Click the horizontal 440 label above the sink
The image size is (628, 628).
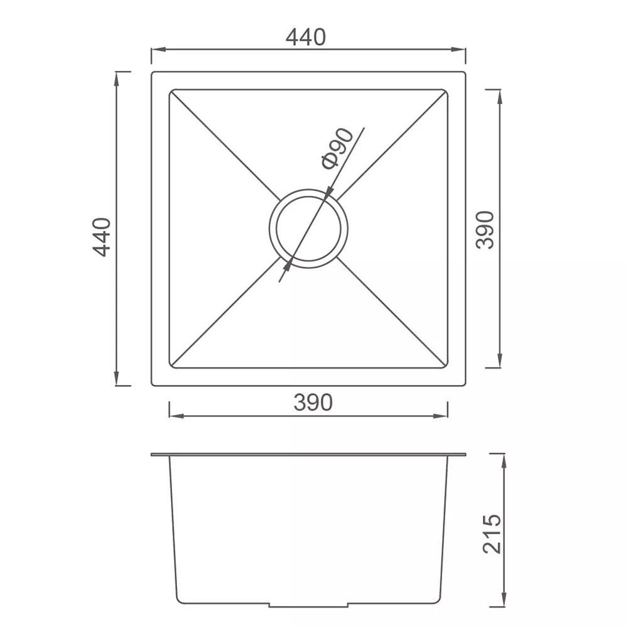pos(306,38)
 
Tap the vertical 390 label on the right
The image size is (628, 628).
pos(485,230)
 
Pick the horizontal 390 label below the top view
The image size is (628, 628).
pos(312,403)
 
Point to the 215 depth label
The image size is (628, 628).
pos(492,533)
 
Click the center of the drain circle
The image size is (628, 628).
pos(308,228)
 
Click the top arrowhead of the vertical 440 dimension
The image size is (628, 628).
pos(117,77)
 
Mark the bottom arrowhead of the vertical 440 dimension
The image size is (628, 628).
pos(117,381)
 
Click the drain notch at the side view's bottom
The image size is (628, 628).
pos(308,606)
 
